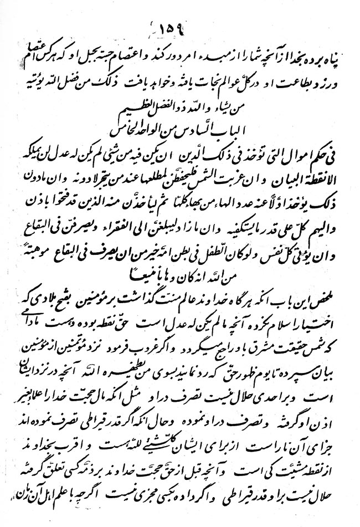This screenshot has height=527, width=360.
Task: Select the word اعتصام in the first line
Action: point(150,52)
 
